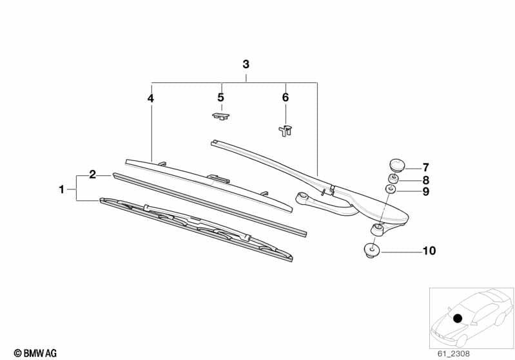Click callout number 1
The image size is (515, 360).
(x=62, y=189)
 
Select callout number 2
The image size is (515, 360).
(x=93, y=174)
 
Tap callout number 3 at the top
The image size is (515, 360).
(x=246, y=64)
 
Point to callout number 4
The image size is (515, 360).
(x=150, y=99)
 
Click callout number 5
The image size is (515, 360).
(x=220, y=97)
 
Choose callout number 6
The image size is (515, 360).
(x=286, y=97)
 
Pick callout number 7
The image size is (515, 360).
(x=425, y=167)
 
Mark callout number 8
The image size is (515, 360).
(x=425, y=180)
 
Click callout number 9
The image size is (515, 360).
(x=425, y=191)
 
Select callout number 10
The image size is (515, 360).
(x=429, y=251)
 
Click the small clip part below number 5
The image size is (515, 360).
(x=220, y=116)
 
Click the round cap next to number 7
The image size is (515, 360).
(x=394, y=165)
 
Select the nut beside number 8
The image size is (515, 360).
(x=393, y=178)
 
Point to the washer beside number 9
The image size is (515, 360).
(x=391, y=189)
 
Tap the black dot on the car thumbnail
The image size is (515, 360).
(x=458, y=318)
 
